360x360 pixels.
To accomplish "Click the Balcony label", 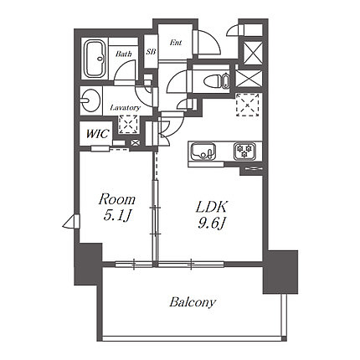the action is (193, 302).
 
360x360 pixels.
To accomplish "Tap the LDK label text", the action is (212, 207).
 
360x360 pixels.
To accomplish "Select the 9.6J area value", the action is (212, 223).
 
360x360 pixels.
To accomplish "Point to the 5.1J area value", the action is (117, 215).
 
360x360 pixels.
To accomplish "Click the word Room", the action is (117, 199).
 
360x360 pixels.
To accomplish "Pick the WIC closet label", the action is (97, 134).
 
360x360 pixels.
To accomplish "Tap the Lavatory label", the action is (125, 108).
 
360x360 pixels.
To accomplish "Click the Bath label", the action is (124, 54).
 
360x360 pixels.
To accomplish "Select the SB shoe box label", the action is (151, 52).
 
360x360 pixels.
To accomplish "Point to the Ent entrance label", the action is (176, 43).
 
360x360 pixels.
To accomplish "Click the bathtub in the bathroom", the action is (95, 59).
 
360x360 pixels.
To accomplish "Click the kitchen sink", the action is (203, 152).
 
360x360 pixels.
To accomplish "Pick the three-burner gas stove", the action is (244, 151).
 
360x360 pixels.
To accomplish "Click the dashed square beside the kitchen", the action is (248, 105).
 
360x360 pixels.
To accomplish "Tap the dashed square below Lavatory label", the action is (128, 125).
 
